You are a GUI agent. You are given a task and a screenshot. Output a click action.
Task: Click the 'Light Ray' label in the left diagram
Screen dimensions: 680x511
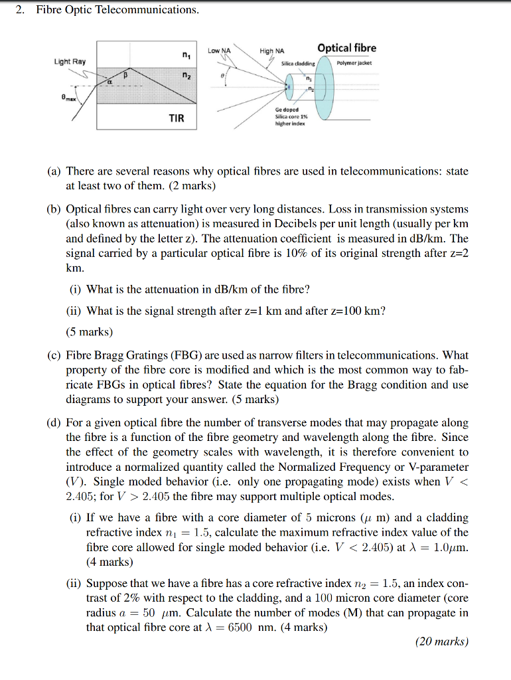pyautogui.click(x=70, y=62)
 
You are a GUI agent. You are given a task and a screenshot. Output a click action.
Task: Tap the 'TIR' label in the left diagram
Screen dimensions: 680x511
pyautogui.click(x=177, y=118)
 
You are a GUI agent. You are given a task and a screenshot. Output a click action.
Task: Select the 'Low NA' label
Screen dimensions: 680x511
pyautogui.click(x=219, y=50)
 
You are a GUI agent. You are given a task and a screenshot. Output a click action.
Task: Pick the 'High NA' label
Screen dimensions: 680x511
pyautogui.click(x=272, y=51)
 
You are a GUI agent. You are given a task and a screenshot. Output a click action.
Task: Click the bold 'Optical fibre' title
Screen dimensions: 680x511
pyautogui.click(x=346, y=48)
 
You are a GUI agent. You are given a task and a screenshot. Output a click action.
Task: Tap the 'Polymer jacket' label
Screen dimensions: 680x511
pyautogui.click(x=355, y=63)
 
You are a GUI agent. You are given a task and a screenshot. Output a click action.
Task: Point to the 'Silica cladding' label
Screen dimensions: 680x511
pyautogui.click(x=299, y=64)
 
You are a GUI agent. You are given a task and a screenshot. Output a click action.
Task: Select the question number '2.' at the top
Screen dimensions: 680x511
pyautogui.click(x=21, y=10)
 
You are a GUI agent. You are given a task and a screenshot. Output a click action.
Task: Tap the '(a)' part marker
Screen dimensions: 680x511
pyautogui.click(x=54, y=171)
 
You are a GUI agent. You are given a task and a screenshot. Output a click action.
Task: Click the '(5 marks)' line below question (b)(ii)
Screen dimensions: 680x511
pyautogui.click(x=90, y=331)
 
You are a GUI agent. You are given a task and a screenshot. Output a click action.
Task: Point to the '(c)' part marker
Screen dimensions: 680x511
pyautogui.click(x=54, y=355)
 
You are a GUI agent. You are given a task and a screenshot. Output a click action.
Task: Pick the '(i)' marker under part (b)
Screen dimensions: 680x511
pyautogui.click(x=76, y=289)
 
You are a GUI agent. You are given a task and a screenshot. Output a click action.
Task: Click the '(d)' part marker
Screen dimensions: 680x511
pyautogui.click(x=54, y=422)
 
